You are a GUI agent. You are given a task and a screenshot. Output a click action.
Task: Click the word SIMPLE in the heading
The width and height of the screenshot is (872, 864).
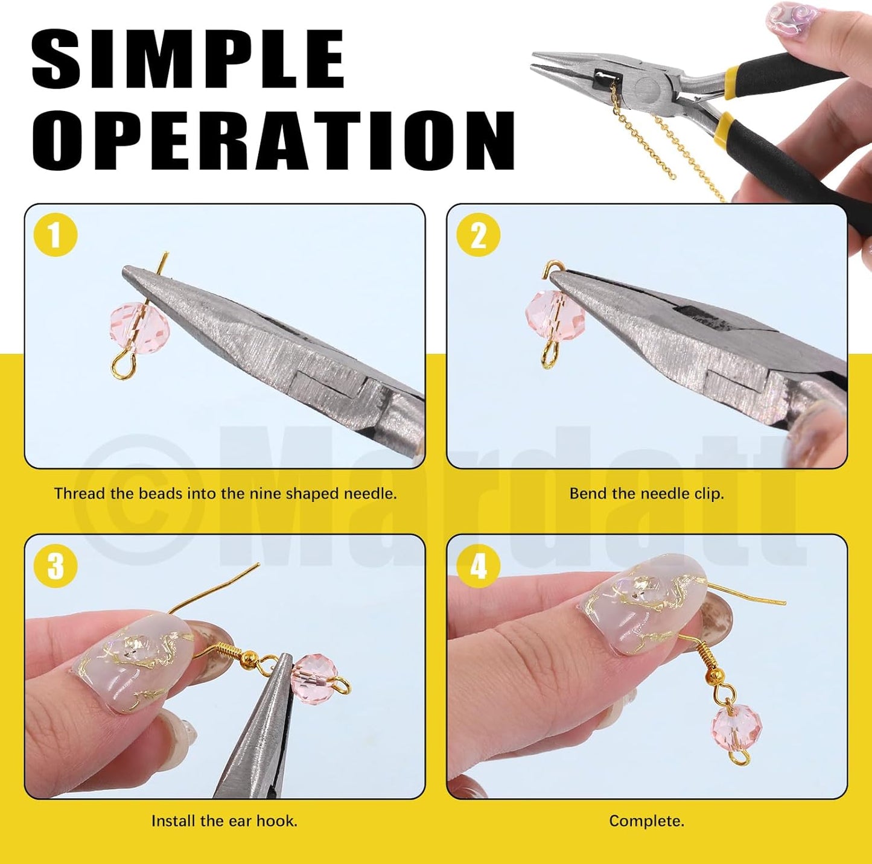point(188,59)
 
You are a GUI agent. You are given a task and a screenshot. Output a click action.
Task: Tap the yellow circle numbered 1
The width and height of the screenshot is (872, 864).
point(56,235)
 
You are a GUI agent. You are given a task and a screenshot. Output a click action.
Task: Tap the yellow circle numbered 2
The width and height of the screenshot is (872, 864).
point(478,235)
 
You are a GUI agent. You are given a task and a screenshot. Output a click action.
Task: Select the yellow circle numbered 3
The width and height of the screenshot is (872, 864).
point(56,566)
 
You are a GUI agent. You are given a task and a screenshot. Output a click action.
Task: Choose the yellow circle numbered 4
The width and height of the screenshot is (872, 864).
point(478,566)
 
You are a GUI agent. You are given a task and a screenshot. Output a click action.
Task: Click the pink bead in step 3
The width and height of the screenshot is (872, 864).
point(312,673)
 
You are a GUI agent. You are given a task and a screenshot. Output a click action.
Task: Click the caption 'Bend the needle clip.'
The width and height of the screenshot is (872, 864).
point(646,494)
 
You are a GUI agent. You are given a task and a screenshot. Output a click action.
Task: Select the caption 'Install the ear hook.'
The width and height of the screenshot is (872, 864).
point(224,821)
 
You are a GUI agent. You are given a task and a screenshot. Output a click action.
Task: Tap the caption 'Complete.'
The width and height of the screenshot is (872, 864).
point(646,821)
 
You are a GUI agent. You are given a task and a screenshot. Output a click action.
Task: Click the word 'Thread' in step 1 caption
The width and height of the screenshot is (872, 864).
point(76,494)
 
